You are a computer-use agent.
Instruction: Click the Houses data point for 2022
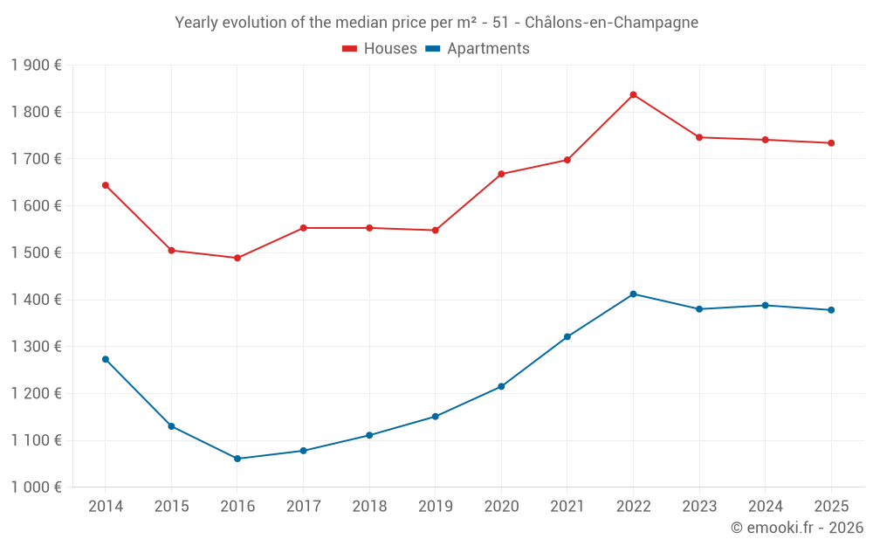633,94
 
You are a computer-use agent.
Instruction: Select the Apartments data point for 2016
237,459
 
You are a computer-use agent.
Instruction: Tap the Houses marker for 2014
106,185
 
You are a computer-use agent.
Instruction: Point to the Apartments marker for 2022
633,294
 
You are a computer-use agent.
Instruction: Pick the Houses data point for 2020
501,174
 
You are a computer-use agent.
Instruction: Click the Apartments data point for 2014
106,359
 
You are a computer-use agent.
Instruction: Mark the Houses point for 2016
237,258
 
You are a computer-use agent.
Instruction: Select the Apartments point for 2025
831,310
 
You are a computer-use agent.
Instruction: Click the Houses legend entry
380,49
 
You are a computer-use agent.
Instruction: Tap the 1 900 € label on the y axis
36,65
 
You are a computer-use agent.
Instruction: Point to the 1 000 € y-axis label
36,487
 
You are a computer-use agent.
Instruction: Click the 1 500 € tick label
36,252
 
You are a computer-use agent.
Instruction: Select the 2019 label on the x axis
435,507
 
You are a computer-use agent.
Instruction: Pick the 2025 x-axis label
831,507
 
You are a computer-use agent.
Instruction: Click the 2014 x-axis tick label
106,507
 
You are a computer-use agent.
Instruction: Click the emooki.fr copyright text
796,528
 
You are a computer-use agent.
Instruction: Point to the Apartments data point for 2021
567,336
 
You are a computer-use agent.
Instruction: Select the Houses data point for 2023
699,137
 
